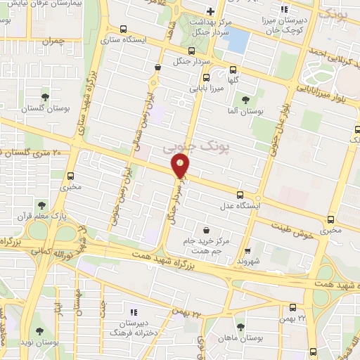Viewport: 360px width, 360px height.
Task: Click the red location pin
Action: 181,166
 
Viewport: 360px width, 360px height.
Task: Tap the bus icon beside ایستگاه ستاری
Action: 124,30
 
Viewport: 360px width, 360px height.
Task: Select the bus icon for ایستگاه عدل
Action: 240,195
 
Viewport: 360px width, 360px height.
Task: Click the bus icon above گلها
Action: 233,70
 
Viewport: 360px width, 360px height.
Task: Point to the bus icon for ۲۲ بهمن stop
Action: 293,307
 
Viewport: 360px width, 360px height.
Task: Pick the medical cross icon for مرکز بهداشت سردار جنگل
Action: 210,11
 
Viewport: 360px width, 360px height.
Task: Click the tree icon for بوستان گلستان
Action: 46,97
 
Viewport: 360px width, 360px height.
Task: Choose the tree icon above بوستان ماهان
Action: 241,327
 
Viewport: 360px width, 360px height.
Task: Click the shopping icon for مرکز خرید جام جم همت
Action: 206,229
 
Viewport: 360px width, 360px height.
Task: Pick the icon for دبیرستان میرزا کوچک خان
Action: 284,9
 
